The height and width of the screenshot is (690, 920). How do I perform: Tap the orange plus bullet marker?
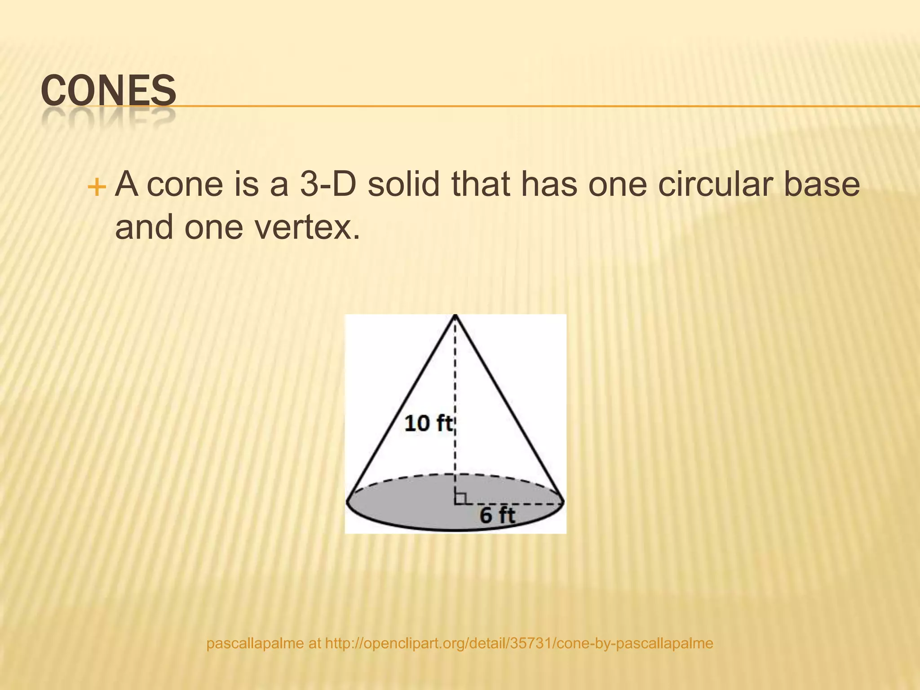click(x=96, y=186)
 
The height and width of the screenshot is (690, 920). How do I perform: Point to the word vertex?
click(x=307, y=227)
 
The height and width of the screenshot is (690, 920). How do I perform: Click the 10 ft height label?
click(x=429, y=424)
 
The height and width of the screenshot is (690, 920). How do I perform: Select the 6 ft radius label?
click(x=497, y=515)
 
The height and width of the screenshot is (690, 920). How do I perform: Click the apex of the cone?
click(x=456, y=316)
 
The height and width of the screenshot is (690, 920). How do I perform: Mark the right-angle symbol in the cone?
click(x=460, y=498)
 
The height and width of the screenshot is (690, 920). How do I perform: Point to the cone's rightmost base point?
click(x=563, y=501)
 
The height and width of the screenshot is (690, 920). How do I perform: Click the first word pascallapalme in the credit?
click(x=255, y=643)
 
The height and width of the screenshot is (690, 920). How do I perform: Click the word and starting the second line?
click(x=144, y=227)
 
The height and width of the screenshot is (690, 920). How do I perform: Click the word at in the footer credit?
click(x=314, y=643)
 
